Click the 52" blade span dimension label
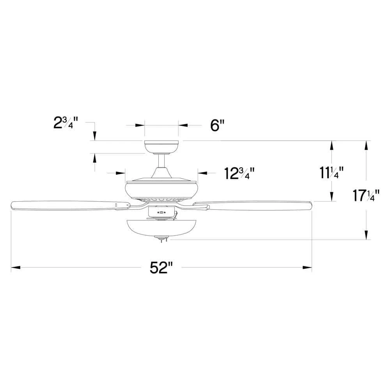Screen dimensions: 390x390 point(161,268)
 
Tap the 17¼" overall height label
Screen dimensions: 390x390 point(366,195)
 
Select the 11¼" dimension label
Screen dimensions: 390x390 point(331,173)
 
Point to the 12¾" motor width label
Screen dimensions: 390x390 point(239,173)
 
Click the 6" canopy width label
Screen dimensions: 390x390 point(218,125)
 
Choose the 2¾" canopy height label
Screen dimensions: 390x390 point(66,122)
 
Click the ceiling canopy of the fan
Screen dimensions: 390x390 point(161,147)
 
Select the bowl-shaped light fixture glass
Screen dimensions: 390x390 point(161,228)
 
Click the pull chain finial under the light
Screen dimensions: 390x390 point(162,239)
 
